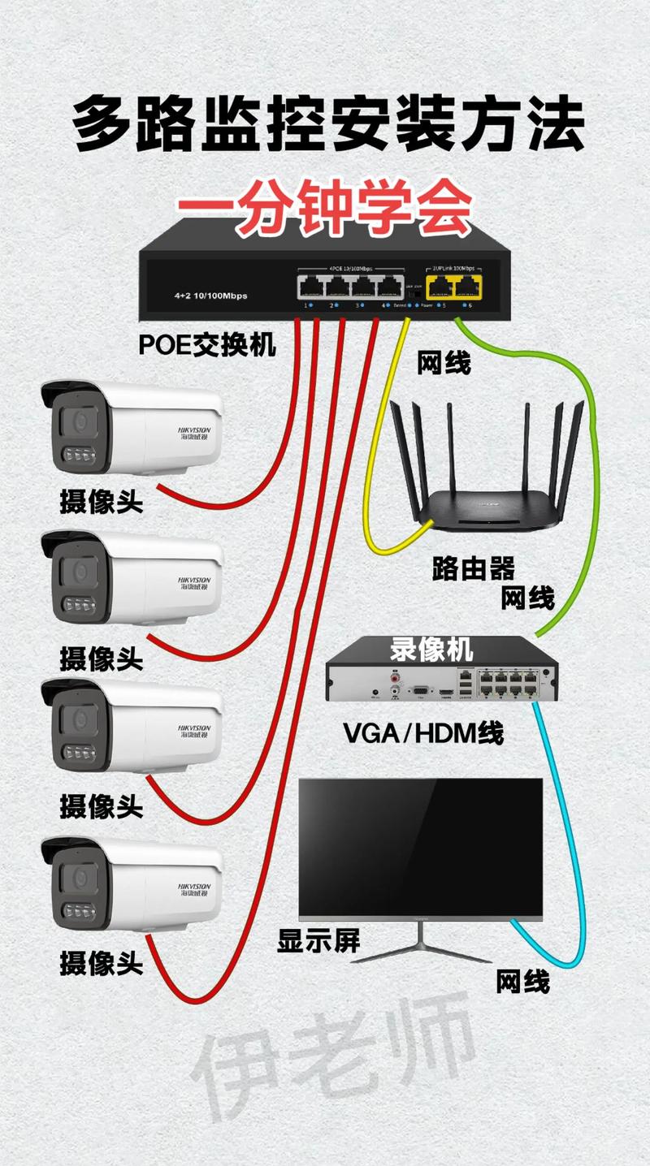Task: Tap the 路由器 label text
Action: point(474,568)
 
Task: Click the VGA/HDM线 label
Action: point(423,732)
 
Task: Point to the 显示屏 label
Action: point(318,941)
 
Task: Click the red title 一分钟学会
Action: point(324,214)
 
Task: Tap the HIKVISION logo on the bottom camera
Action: point(193,888)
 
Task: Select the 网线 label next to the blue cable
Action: point(523,982)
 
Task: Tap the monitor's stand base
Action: point(421,952)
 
